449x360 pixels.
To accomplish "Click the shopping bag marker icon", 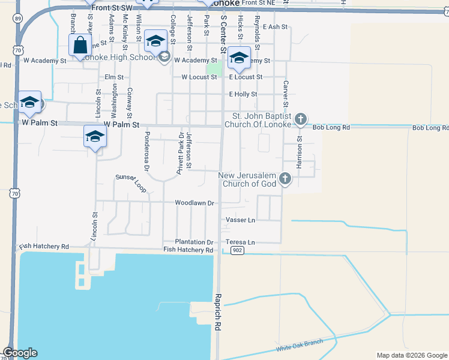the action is [80, 45].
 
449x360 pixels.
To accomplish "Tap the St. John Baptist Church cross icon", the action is [301, 120].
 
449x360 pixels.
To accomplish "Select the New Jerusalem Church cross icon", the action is [285, 178].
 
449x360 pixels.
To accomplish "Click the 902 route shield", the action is [237, 250].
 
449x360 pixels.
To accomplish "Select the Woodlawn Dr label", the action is [194, 203].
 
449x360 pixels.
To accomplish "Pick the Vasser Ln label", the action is [240, 220].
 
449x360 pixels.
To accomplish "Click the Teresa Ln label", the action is [240, 242].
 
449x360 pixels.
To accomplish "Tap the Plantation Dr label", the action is [194, 242].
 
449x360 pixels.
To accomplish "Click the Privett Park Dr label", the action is [179, 155].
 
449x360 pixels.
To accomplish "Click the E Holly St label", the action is [243, 94].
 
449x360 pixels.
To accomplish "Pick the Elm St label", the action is [113, 77].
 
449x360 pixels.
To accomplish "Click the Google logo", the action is [20, 353].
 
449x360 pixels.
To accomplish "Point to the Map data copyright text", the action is [411, 355].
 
